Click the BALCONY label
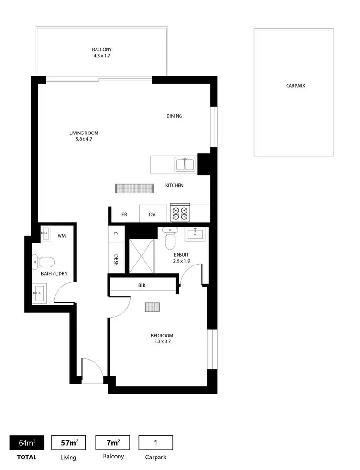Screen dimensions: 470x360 102,50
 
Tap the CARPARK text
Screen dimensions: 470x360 295,86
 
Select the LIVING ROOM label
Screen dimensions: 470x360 84,133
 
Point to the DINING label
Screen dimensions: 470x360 174,116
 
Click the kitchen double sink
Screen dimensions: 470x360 185,165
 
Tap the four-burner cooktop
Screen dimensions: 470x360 180,213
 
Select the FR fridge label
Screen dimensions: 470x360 124,214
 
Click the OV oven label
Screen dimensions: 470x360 152,214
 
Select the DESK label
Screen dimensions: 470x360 116,260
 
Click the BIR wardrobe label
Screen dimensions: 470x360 142,285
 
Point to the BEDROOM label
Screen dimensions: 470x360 161,336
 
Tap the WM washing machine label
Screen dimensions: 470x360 61,236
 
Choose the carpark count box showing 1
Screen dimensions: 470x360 156,442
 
